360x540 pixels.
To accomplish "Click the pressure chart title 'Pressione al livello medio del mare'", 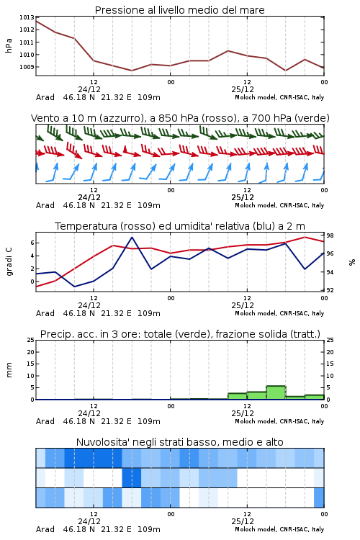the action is [179, 10].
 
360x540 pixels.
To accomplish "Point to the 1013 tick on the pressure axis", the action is [27, 17].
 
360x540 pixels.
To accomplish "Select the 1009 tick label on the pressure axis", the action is [27, 67].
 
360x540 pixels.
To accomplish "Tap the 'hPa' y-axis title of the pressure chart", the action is [9, 45].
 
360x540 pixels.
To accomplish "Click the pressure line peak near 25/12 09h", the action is [228, 50].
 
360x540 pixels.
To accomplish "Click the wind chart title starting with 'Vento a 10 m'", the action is [180, 118].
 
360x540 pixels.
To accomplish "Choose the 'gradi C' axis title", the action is [9, 262].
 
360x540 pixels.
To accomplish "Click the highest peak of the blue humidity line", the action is [132, 237].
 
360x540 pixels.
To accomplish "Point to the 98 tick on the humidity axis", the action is [330, 235].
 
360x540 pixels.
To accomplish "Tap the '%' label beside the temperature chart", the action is [352, 262].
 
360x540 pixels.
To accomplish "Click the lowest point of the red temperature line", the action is [37, 287].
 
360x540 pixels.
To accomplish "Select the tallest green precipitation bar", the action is [276, 392].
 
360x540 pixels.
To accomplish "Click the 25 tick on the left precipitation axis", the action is [31, 340].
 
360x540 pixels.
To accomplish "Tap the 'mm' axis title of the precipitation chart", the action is [9, 370].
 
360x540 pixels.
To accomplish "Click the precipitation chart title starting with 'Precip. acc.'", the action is [180, 334].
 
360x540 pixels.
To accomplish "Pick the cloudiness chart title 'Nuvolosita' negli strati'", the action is [179, 442].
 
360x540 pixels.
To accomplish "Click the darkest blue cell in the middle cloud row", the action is [132, 477].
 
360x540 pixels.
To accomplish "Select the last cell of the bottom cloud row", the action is [319, 498].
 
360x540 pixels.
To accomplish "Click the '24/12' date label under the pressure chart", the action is [89, 89].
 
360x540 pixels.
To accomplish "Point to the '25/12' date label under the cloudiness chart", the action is [243, 521].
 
